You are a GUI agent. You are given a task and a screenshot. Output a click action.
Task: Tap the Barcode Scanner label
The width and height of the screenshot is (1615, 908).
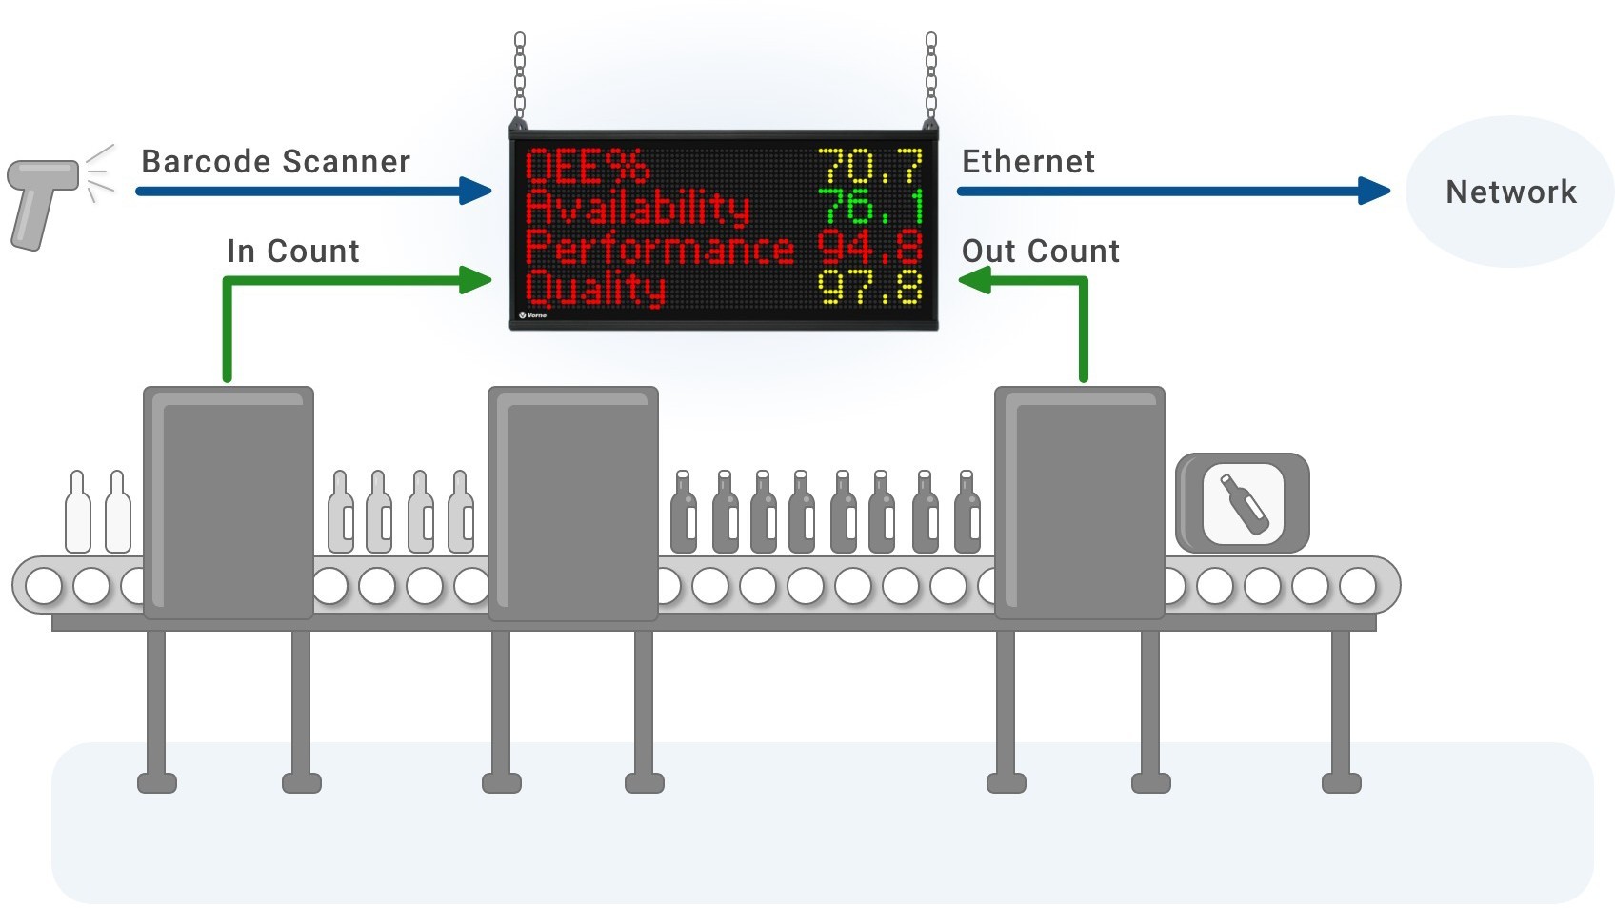click(275, 162)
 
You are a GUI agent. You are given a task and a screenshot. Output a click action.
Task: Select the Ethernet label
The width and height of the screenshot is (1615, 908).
click(1028, 162)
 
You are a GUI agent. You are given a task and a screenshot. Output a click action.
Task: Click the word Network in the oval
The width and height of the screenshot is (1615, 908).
click(1511, 192)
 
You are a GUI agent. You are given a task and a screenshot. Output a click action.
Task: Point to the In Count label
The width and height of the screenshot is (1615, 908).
click(292, 251)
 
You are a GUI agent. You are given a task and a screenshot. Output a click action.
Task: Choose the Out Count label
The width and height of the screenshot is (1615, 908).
click(1041, 251)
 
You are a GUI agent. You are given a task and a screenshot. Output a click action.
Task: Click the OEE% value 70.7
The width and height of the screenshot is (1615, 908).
click(870, 167)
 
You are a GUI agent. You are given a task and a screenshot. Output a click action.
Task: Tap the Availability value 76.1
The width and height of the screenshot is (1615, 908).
click(870, 207)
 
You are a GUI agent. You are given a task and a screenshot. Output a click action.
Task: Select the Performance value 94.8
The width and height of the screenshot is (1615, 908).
click(870, 247)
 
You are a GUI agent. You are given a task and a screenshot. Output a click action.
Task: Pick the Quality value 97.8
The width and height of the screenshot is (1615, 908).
click(870, 287)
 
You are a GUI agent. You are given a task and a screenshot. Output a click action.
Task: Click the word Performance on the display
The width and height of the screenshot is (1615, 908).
click(660, 249)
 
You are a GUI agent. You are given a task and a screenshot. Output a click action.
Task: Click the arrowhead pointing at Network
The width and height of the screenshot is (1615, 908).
click(1374, 192)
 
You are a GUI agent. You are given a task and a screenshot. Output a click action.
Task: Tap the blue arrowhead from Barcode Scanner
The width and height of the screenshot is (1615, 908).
click(476, 192)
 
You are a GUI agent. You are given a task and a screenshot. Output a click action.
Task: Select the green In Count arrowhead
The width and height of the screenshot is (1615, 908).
click(476, 280)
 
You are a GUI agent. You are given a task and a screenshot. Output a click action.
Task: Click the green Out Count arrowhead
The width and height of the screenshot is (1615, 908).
click(974, 280)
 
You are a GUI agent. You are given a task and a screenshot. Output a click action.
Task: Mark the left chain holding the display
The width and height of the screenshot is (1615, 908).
click(520, 79)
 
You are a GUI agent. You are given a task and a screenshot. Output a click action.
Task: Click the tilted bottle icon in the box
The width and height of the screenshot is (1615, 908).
click(1245, 504)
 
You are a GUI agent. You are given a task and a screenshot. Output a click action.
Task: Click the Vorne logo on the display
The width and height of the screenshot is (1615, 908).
click(533, 315)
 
